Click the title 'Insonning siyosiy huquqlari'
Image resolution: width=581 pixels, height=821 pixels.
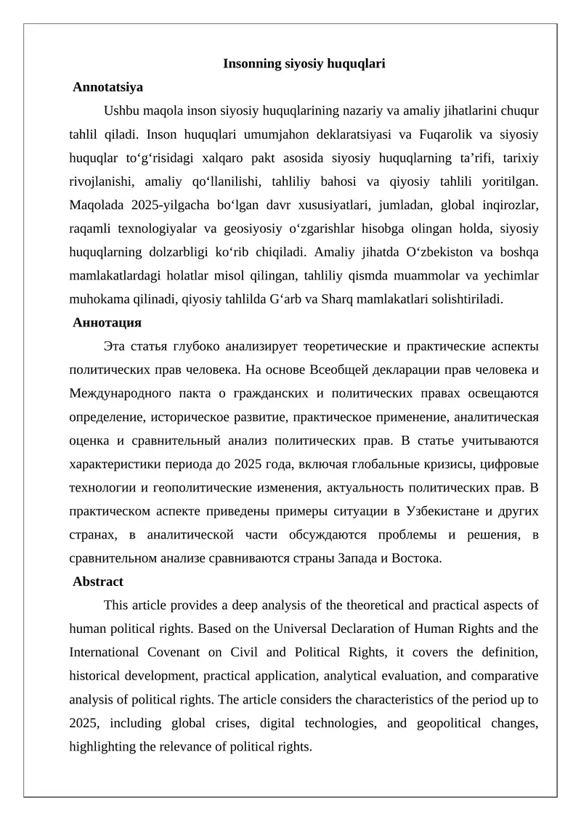point(304,64)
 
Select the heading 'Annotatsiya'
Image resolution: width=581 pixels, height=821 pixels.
point(108,87)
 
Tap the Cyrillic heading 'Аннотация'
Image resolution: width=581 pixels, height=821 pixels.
point(107,322)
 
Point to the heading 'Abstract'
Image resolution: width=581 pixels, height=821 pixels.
point(98,581)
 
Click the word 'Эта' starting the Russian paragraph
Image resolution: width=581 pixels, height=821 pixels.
point(117,346)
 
